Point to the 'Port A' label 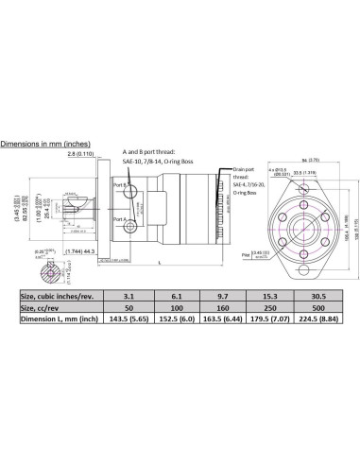pyautogui.click(x=117, y=218)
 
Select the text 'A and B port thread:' pyautogui.click(x=150, y=151)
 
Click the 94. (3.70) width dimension pyautogui.click(x=307, y=160)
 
